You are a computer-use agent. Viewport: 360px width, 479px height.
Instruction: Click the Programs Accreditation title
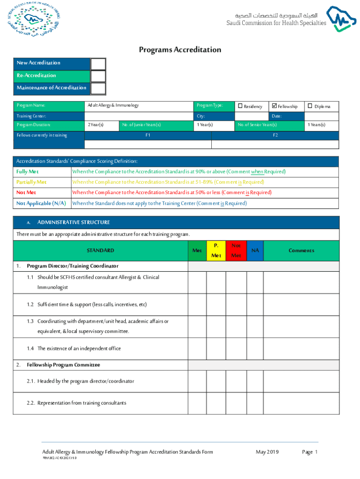[180, 50]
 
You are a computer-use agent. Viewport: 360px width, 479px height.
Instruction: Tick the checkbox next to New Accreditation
[98, 64]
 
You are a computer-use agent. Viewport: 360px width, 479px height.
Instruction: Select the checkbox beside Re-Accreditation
[98, 76]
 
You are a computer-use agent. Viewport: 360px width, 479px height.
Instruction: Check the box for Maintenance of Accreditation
[98, 88]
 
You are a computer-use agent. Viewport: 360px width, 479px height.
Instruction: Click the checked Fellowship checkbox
[274, 106]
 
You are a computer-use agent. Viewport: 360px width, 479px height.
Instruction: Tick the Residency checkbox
[240, 106]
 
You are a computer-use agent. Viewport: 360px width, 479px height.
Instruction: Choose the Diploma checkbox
[309, 106]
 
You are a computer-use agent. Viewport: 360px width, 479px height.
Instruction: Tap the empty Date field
[322, 116]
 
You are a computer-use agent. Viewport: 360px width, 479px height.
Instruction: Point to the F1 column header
[148, 135]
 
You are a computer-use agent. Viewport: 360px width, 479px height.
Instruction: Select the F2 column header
[275, 135]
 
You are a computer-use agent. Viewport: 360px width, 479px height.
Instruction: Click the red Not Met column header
[236, 251]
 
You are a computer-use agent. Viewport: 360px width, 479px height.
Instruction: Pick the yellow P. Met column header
[216, 251]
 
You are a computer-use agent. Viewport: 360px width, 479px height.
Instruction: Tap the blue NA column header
[255, 251]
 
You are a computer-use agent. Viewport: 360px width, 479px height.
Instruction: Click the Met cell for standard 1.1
[197, 283]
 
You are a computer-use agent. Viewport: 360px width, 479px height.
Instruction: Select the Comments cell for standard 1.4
[301, 348]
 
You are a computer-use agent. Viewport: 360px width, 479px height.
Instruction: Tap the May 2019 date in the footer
[267, 452]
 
